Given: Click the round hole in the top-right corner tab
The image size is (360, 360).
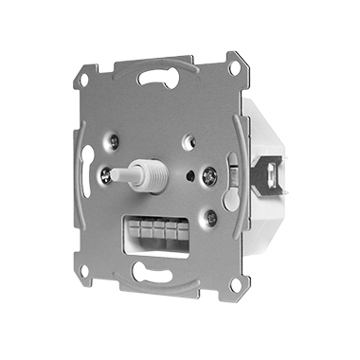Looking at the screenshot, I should coord(233,68).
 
